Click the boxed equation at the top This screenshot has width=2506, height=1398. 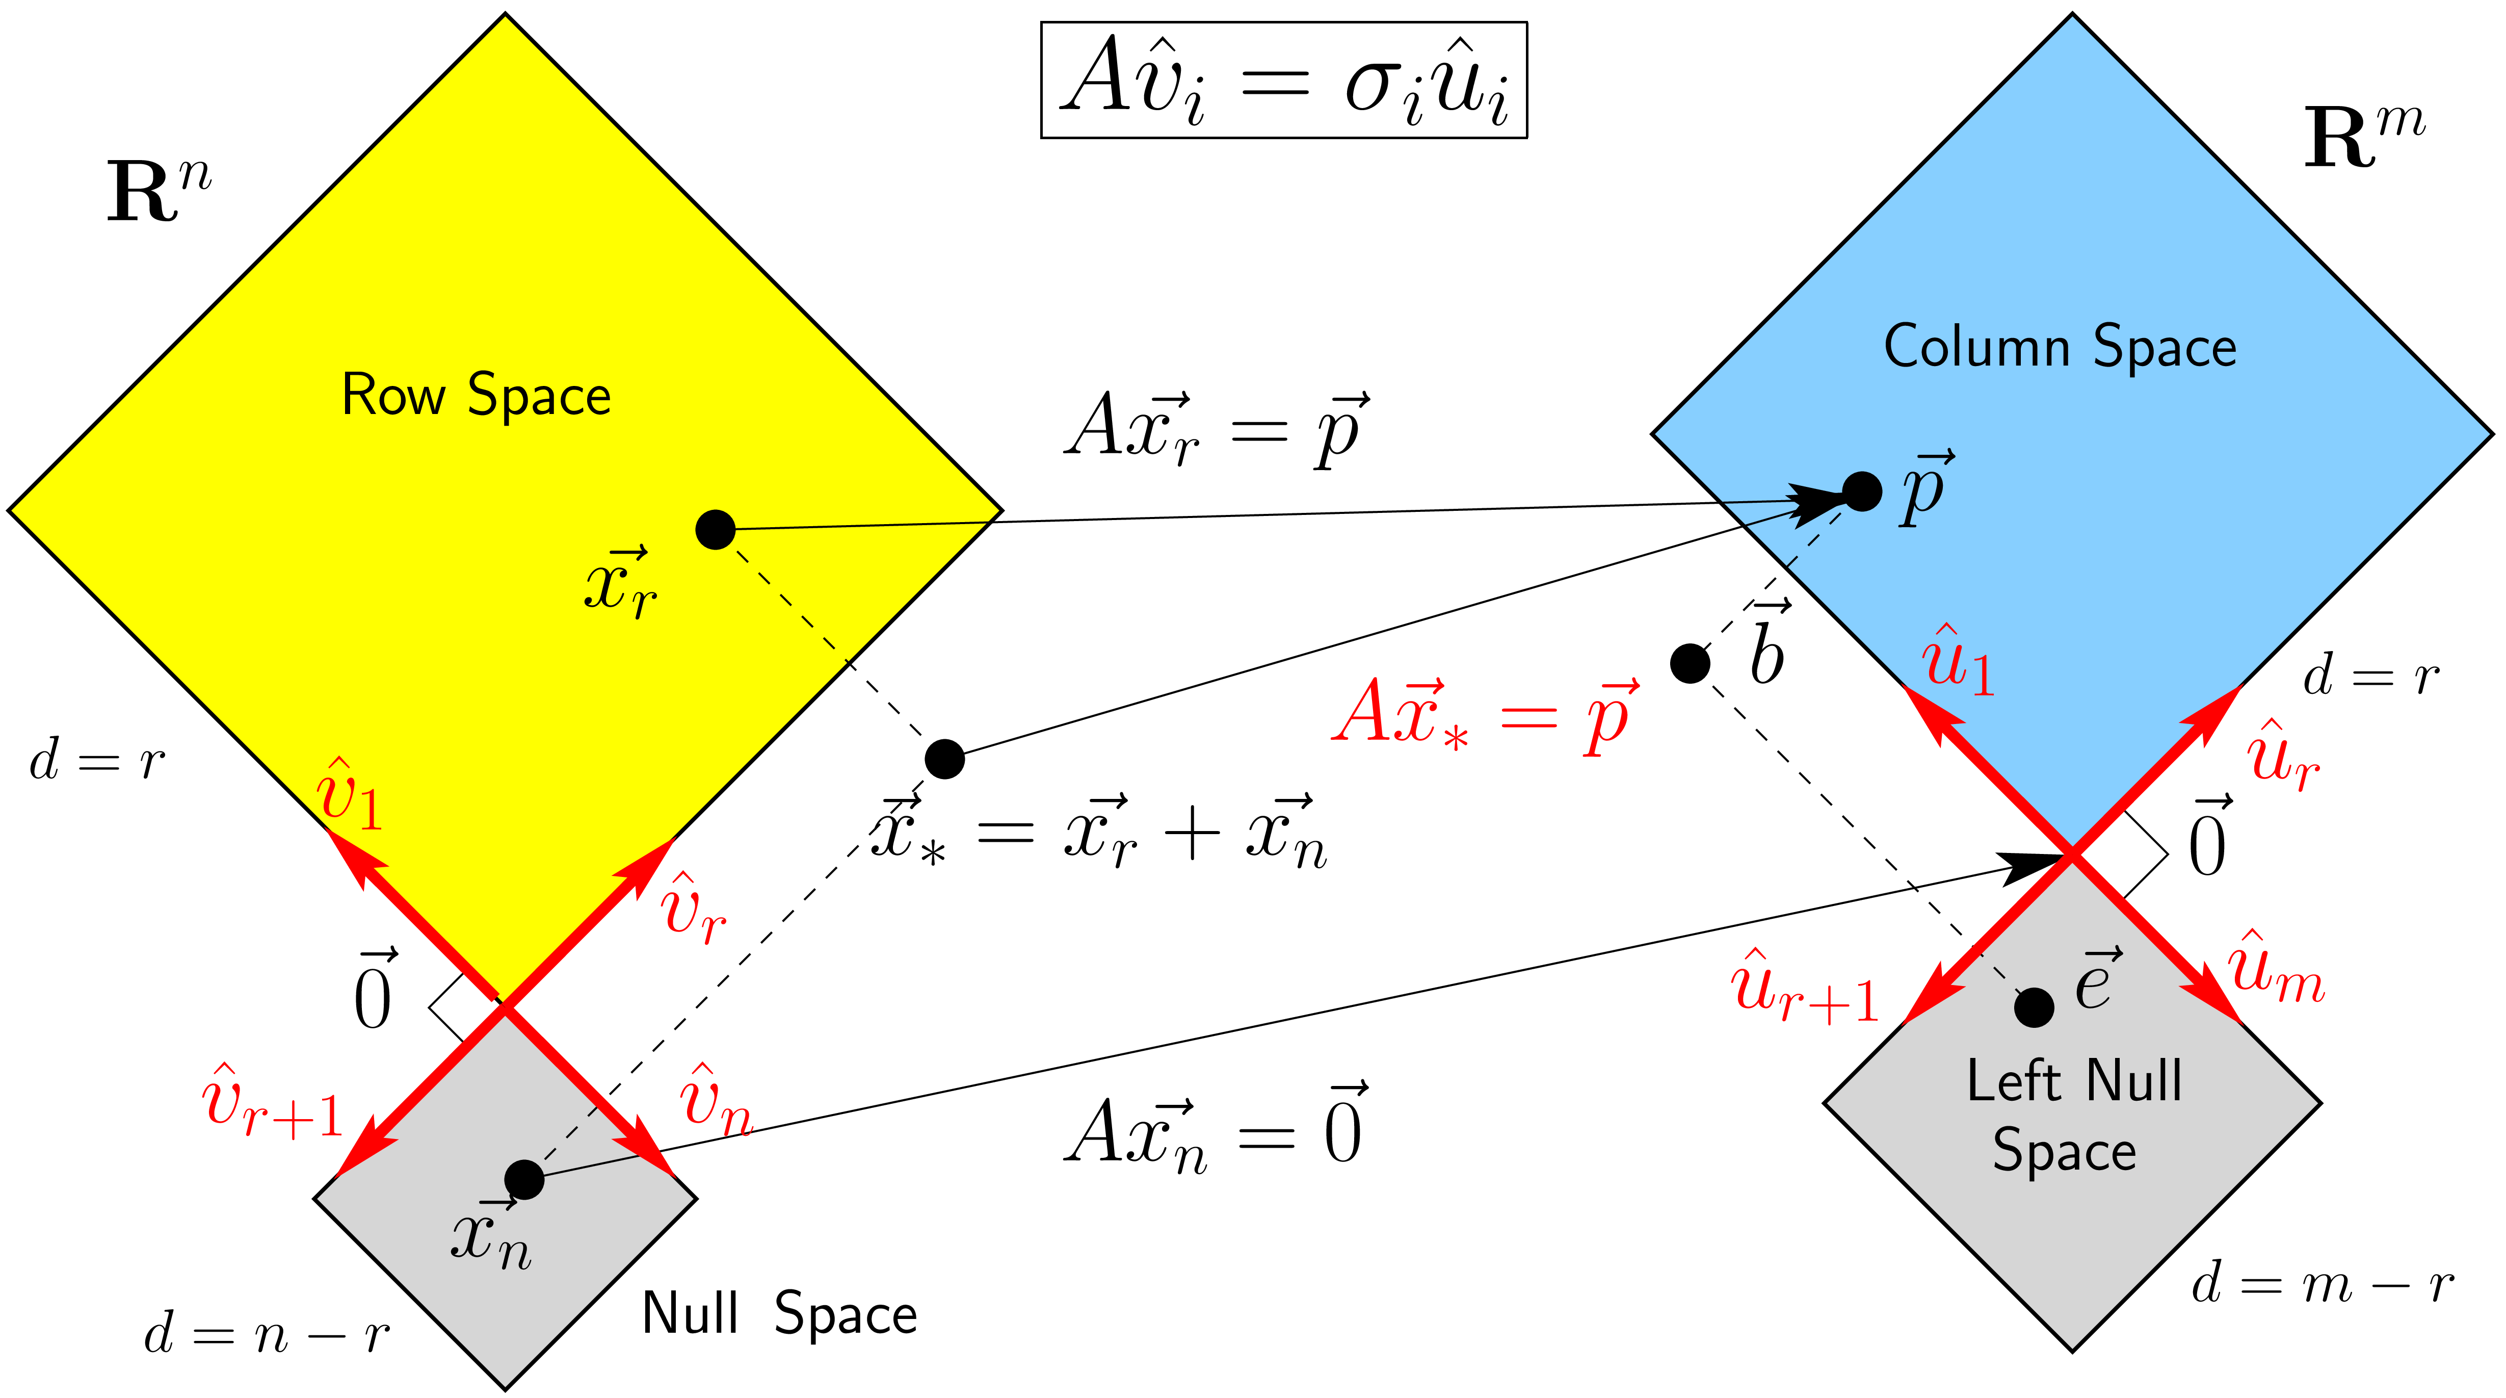(x=1283, y=80)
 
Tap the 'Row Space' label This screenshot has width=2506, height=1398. (x=476, y=395)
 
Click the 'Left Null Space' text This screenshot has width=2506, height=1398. (x=2072, y=1115)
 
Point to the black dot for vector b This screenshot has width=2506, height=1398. (x=1690, y=663)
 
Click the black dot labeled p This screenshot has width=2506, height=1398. (x=1861, y=491)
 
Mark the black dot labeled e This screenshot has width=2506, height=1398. (x=2033, y=1007)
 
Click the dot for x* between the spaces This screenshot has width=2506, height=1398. (x=944, y=759)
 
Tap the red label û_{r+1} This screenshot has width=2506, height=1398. (x=1805, y=988)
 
